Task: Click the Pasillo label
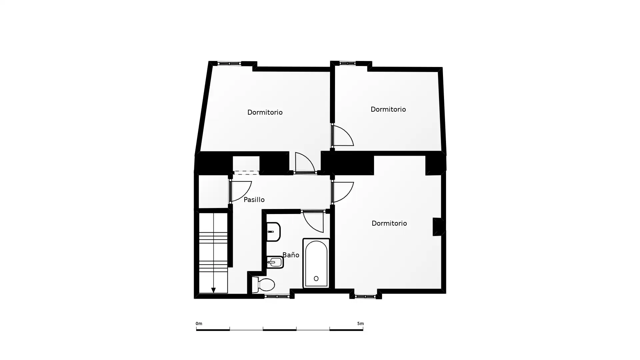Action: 254,200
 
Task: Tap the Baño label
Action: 291,255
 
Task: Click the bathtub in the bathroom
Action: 316,263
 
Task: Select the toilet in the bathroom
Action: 263,285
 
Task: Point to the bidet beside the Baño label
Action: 275,262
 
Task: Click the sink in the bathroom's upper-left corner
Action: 273,232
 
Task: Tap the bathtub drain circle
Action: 316,278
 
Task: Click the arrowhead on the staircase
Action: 213,290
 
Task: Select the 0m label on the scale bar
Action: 199,324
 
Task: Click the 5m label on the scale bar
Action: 360,324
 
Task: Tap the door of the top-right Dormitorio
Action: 343,136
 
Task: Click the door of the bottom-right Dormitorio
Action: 343,192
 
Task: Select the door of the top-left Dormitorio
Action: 305,163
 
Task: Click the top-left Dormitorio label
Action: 265,112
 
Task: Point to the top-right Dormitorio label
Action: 388,109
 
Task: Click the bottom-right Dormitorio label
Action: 389,223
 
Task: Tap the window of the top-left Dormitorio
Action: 229,63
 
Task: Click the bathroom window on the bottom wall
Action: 277,296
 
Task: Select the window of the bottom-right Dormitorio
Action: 365,296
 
